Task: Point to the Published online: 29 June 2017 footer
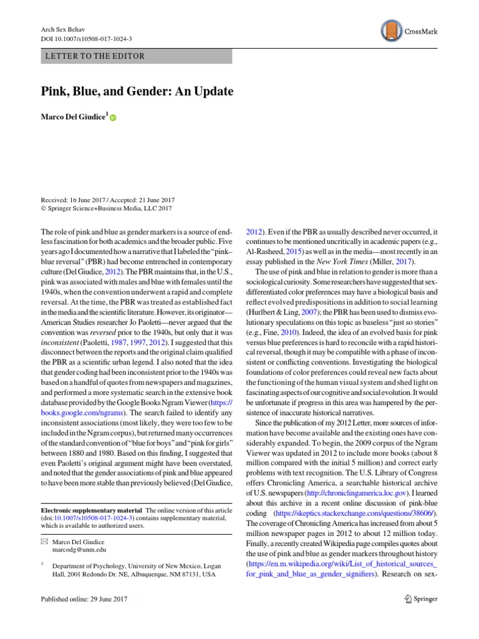coord(84,600)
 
